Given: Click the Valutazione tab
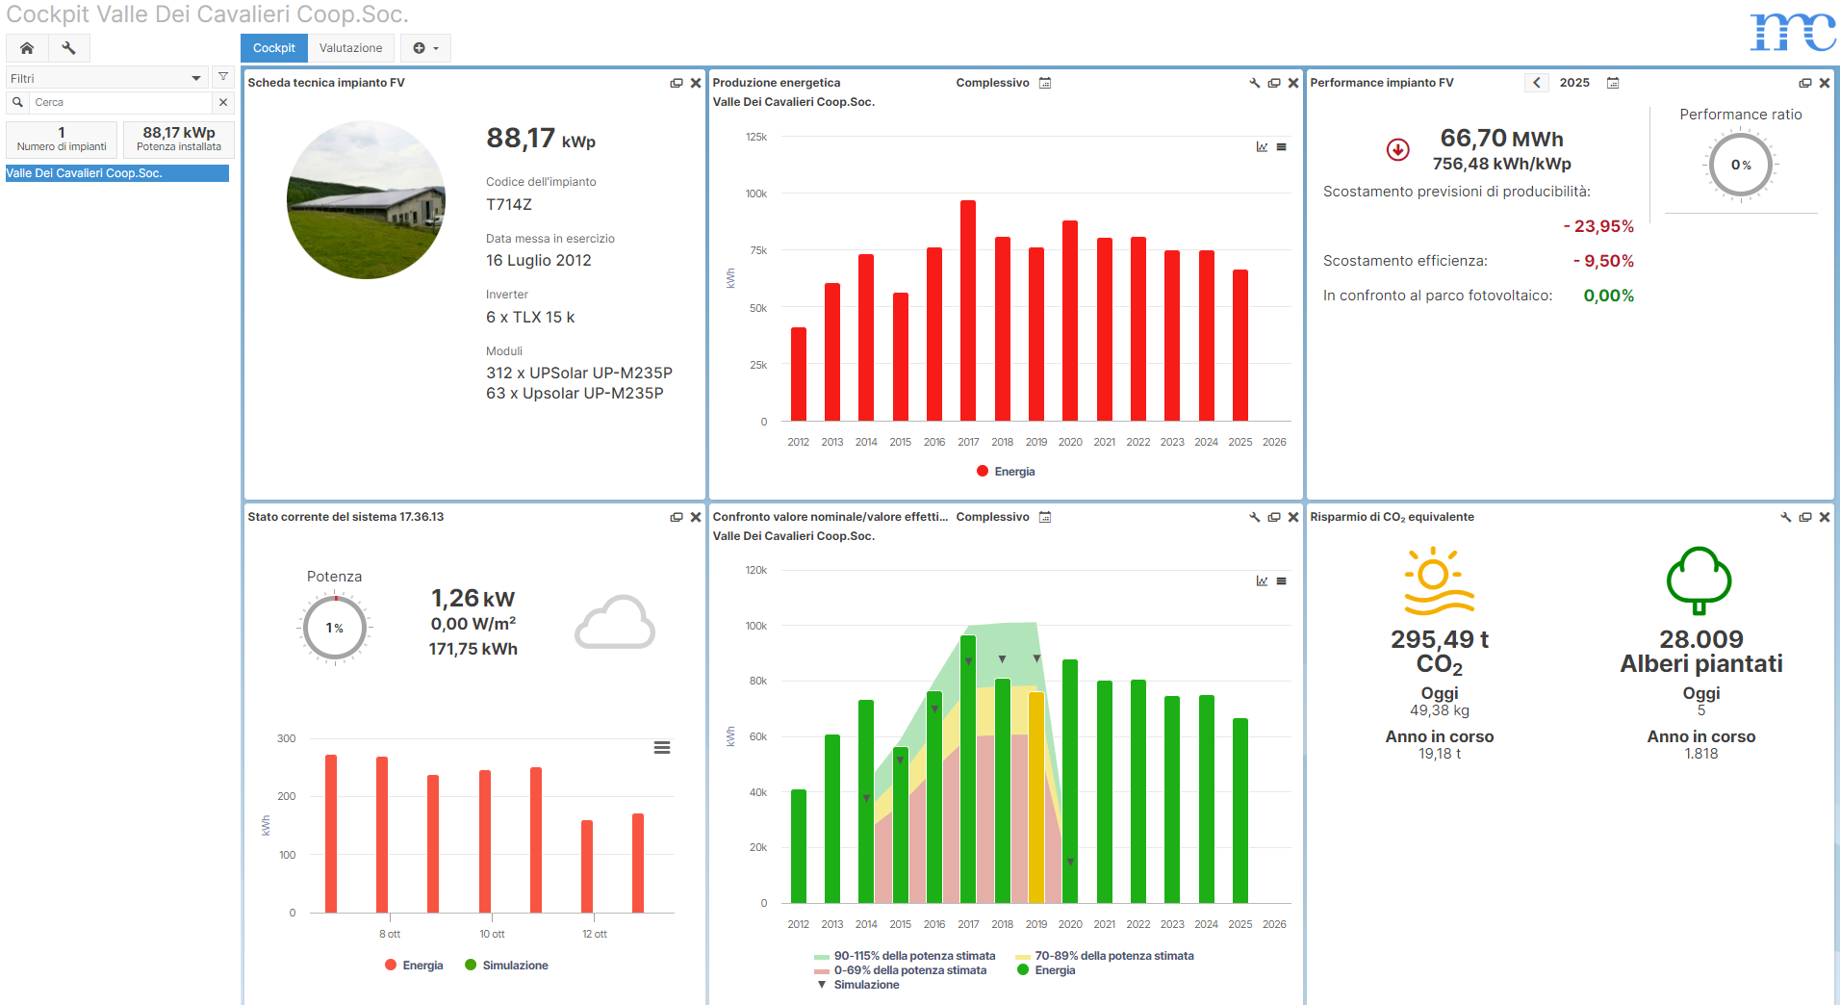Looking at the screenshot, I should pyautogui.click(x=350, y=48).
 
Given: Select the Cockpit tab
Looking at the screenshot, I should pyautogui.click(x=274, y=48).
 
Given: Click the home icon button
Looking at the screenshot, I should pyautogui.click(x=27, y=48).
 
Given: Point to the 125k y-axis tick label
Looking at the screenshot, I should pyautogui.click(x=756, y=137).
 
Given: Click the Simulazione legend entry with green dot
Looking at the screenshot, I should pyautogui.click(x=507, y=966).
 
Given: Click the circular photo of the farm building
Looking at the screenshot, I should pyautogui.click(x=366, y=200).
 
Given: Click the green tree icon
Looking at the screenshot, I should pyautogui.click(x=1699, y=580).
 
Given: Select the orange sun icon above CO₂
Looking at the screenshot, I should pyautogui.click(x=1437, y=580).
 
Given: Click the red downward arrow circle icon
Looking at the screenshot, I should pyautogui.click(x=1397, y=149).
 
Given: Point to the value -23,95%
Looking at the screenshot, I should pyautogui.click(x=1598, y=226).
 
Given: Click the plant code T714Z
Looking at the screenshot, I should pyautogui.click(x=509, y=204).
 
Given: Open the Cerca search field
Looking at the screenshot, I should pyautogui.click(x=120, y=102).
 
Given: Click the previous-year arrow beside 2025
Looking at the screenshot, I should pyautogui.click(x=1537, y=83).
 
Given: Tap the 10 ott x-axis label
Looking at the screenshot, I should pyautogui.click(x=492, y=934).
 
